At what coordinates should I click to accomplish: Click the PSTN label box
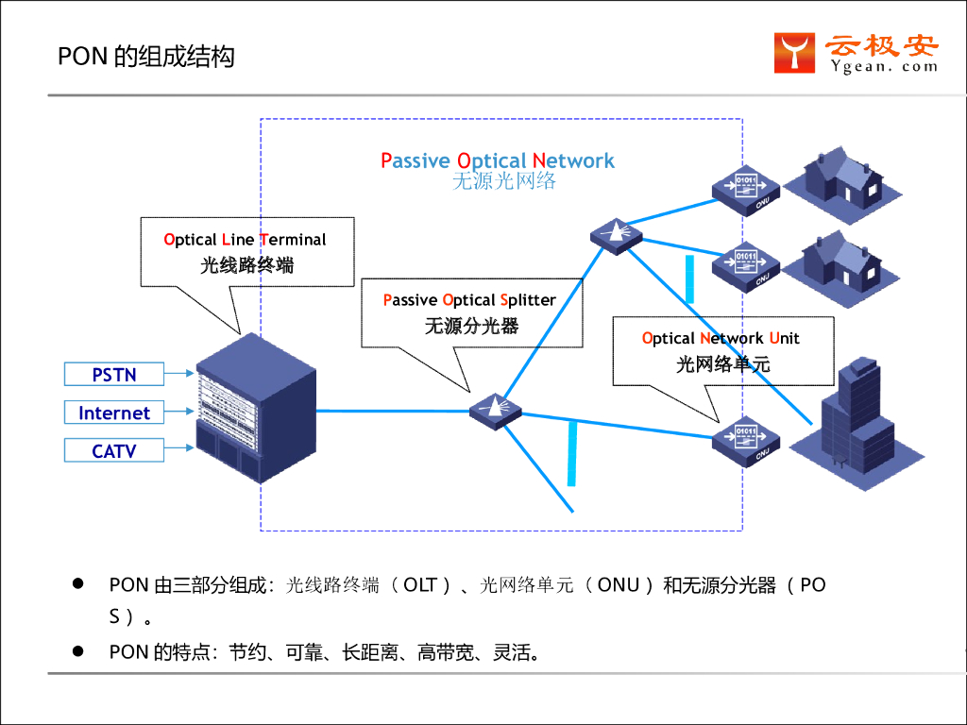114,375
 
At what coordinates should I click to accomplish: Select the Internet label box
114,413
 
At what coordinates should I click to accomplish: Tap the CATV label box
114,451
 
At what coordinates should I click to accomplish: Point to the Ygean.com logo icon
795,53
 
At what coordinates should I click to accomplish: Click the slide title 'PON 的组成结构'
146,57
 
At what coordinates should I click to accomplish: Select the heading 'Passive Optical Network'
498,160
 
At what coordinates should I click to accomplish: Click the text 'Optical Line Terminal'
245,240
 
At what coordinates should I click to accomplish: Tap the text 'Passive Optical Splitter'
469,300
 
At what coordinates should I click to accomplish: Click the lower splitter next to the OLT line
495,410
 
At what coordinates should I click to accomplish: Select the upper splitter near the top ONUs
615,232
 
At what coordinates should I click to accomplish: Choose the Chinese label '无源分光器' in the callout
471,327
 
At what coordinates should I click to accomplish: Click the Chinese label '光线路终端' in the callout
246,265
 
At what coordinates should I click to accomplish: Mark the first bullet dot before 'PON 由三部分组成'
79,583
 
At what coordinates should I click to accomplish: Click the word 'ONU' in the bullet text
619,584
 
